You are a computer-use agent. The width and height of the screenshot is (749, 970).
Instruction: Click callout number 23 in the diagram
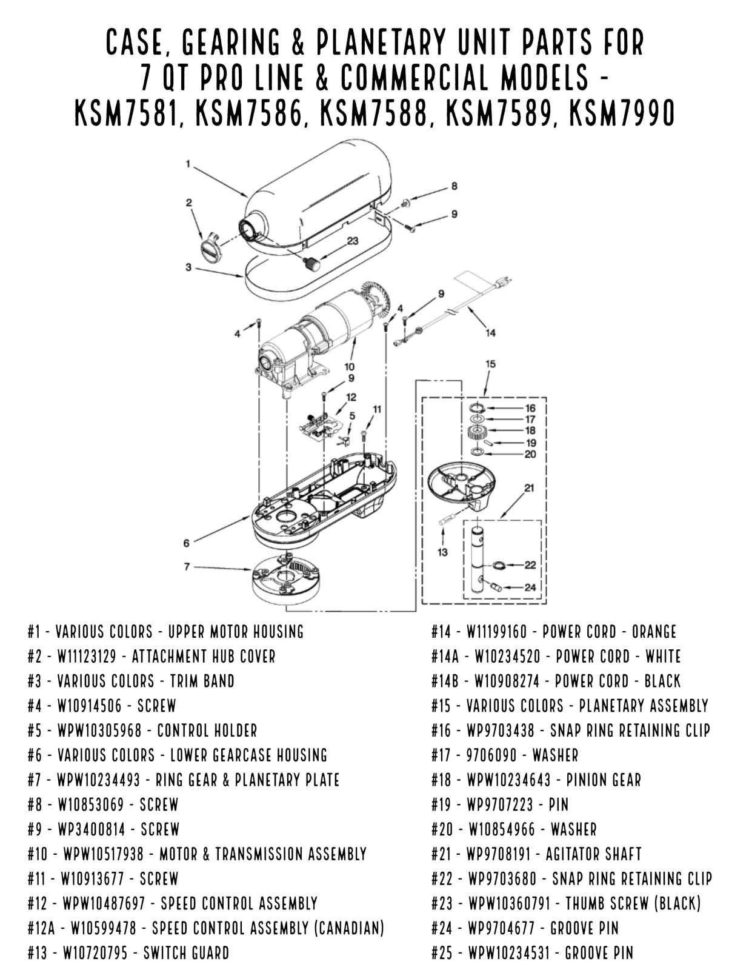pyautogui.click(x=352, y=241)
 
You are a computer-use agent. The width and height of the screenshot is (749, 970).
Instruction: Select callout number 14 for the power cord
pyautogui.click(x=490, y=332)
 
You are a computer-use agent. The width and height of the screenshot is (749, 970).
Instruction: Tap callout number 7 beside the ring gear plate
pyautogui.click(x=187, y=566)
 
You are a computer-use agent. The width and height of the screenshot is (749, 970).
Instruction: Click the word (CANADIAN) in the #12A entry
pyautogui.click(x=351, y=928)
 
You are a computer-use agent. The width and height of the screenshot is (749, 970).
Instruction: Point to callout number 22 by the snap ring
pyautogui.click(x=530, y=564)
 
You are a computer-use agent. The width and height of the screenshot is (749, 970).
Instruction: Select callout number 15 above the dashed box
pyautogui.click(x=490, y=364)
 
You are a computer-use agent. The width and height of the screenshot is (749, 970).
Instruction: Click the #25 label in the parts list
pyautogui.click(x=441, y=953)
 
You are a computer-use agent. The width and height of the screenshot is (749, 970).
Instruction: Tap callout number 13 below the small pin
pyautogui.click(x=442, y=552)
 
